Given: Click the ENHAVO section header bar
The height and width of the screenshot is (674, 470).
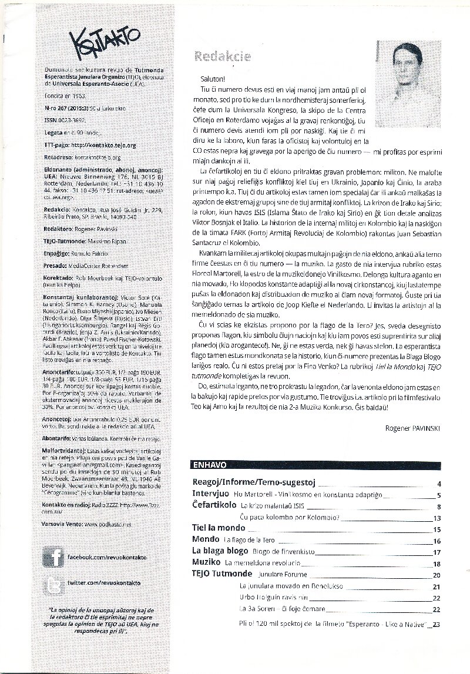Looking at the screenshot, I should point(210,464).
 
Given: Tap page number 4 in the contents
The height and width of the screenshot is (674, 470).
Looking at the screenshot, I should point(439,484).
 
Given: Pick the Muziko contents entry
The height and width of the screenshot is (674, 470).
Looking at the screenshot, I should point(206,563).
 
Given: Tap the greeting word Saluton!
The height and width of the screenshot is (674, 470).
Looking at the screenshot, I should point(210,78).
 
